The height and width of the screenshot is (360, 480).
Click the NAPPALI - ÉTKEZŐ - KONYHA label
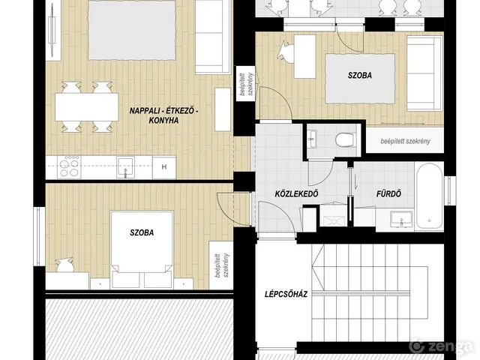tap(163, 115)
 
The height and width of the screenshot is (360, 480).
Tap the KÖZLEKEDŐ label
tap(297, 193)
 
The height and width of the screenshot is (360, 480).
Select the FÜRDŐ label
tap(388, 193)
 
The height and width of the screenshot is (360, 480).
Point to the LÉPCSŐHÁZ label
tap(286, 295)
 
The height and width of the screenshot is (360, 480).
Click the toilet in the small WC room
tap(346, 139)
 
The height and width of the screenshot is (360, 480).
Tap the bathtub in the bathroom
tap(430, 196)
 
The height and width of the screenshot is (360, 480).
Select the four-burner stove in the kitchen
tap(69, 167)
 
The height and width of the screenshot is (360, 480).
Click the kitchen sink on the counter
tap(125, 167)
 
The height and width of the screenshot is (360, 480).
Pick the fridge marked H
tap(164, 167)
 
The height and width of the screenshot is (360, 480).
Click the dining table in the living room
tap(87, 106)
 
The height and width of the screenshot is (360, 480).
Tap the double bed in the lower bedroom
tap(142, 249)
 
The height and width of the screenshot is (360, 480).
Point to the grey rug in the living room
tap(132, 30)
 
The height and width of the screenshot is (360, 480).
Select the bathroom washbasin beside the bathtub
tap(402, 218)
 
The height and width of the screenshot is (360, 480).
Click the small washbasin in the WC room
tap(312, 139)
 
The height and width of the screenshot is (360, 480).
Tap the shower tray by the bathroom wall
tap(333, 216)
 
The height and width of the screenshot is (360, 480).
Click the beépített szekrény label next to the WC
tap(405, 141)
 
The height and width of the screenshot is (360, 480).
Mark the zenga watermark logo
tap(441, 346)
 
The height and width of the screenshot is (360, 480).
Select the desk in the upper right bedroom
tap(305, 56)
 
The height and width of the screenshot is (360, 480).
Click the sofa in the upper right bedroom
tap(425, 73)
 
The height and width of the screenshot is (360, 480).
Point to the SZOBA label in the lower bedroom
tap(142, 232)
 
